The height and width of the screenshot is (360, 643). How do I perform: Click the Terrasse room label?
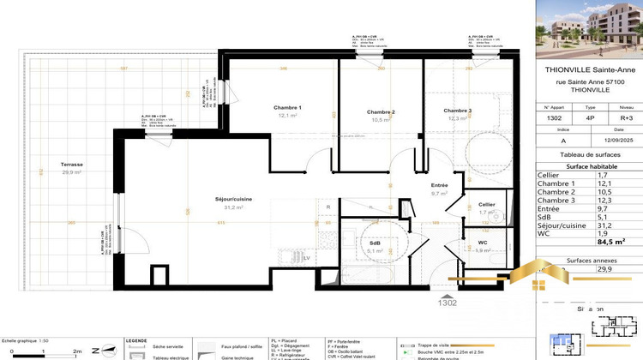coord(71,165)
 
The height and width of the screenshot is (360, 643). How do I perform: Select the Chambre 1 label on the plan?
coord(287,107)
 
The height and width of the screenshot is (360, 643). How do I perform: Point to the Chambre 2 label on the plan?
coord(381,112)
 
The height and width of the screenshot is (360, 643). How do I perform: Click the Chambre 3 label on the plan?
coord(457,111)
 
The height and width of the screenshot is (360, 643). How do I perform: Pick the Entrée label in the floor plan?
coord(439,185)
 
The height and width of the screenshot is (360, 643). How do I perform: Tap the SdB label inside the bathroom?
coord(374,243)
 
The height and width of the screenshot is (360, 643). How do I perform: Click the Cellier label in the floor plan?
coord(486,204)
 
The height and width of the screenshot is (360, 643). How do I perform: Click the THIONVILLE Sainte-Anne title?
coord(591,70)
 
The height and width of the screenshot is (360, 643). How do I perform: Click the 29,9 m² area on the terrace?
coord(71,172)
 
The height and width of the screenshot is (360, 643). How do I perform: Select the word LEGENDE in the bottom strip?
coord(137,340)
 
